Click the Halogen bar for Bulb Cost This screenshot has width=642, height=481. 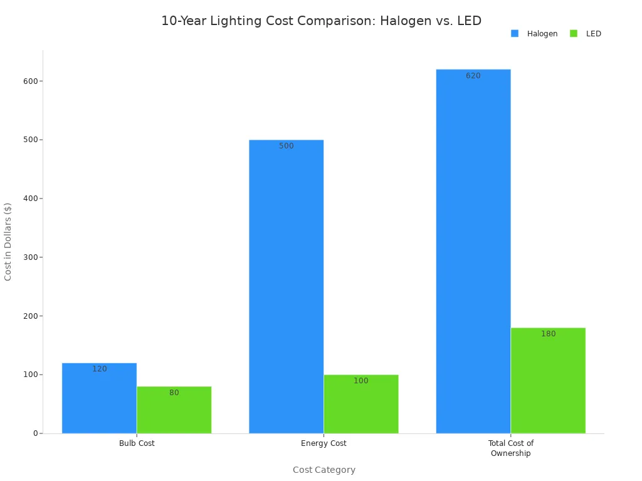[x=99, y=401]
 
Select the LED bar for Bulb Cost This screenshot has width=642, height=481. [x=174, y=412]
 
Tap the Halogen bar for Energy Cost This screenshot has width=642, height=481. [x=286, y=288]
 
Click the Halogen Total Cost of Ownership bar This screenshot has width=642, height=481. [x=473, y=251]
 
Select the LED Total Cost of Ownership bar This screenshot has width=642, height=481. [x=548, y=382]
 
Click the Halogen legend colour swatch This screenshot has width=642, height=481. [x=515, y=34]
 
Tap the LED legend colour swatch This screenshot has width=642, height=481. [x=574, y=34]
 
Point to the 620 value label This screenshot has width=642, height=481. [x=473, y=76]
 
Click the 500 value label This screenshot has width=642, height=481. [x=286, y=146]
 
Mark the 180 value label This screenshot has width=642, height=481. [x=548, y=334]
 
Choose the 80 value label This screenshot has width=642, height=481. [x=174, y=393]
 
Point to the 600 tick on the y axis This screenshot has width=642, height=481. [x=29, y=81]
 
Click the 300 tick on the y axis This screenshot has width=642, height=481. [x=29, y=257]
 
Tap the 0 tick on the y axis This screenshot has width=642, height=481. [x=35, y=433]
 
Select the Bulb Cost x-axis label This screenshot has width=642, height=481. [x=137, y=443]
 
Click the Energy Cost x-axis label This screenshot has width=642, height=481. [x=324, y=443]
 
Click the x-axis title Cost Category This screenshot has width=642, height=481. [x=324, y=470]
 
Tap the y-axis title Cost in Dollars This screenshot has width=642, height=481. [x=8, y=241]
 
